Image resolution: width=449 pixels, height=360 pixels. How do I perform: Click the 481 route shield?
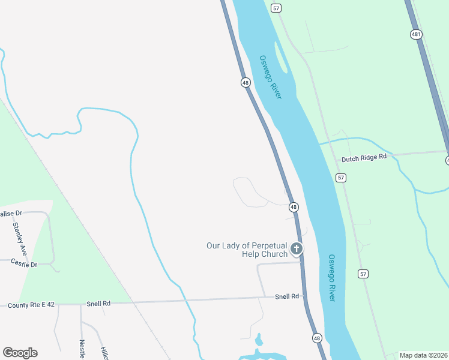(x=416, y=35)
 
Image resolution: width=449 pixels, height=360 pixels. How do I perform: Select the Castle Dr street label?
(x=25, y=264)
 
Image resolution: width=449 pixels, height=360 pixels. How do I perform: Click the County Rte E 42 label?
(x=31, y=305)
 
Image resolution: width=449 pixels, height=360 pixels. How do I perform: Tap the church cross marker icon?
(x=296, y=248)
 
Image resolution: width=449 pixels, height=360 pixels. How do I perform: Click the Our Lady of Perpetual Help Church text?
(x=247, y=250)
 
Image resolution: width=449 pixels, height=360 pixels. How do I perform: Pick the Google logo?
(x=20, y=353)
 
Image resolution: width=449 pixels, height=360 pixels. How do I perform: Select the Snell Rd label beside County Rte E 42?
(x=98, y=304)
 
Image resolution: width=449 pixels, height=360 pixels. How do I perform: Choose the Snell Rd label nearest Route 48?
(x=287, y=296)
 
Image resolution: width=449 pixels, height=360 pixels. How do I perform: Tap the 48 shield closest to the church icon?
(x=294, y=207)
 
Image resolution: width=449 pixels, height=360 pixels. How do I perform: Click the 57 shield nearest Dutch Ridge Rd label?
(x=341, y=178)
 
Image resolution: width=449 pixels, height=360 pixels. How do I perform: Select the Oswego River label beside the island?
(x=270, y=77)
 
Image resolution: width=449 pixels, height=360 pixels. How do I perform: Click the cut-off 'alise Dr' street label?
(x=11, y=213)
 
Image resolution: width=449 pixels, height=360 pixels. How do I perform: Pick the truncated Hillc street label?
(x=104, y=353)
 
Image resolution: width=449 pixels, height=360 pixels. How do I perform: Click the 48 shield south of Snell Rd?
(x=317, y=338)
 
